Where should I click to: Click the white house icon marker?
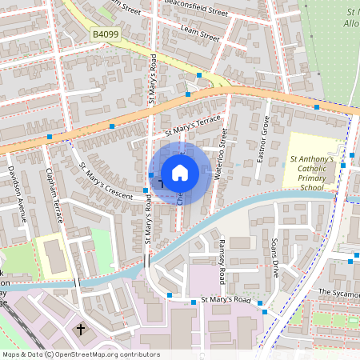pyautogui.click(x=180, y=173)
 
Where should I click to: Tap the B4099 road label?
pyautogui.click(x=105, y=34)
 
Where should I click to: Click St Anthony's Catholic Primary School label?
pyautogui.click(x=311, y=173)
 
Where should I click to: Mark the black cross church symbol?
pyautogui.click(x=80, y=328)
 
